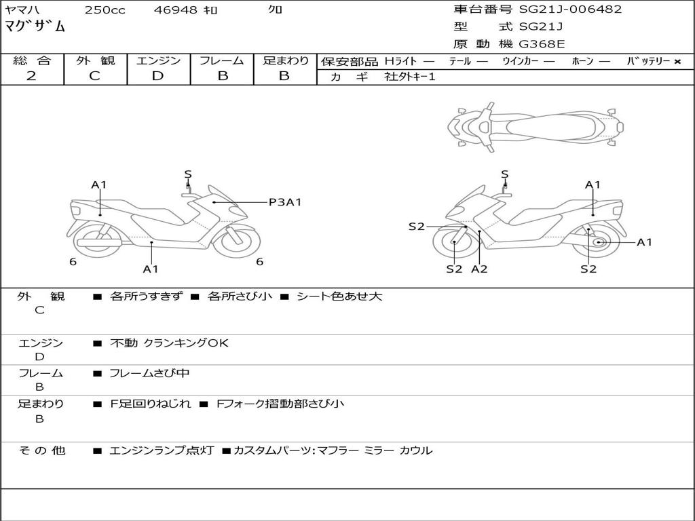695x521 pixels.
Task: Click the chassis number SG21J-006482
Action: (x=570, y=9)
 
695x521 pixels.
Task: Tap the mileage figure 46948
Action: (x=176, y=10)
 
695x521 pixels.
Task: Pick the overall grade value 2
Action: (x=31, y=76)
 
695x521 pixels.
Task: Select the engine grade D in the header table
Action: (x=158, y=76)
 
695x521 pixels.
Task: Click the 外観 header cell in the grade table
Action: (x=95, y=61)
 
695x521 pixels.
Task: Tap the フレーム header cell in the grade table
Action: (x=222, y=61)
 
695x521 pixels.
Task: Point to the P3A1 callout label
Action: (x=284, y=201)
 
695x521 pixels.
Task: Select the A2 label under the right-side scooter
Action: (x=479, y=269)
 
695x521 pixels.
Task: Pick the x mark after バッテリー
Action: (x=677, y=62)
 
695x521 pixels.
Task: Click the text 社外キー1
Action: (x=410, y=77)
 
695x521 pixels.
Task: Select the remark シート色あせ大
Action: (x=339, y=296)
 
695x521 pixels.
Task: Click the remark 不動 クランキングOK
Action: (x=169, y=343)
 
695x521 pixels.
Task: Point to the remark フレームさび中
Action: (x=149, y=373)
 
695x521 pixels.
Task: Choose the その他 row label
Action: (x=41, y=450)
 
